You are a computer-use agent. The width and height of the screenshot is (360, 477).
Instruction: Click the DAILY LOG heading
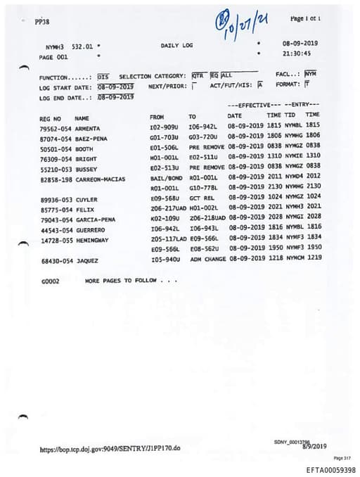176,46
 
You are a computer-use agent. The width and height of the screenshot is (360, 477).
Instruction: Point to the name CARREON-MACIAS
100,179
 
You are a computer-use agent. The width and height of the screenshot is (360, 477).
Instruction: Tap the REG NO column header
51,118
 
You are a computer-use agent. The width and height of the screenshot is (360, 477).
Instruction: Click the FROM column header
157,116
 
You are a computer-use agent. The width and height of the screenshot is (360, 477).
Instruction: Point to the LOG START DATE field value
116,86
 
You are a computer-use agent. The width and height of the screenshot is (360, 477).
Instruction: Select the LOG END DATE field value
116,96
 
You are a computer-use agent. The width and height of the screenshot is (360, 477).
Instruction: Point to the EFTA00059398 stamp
330,469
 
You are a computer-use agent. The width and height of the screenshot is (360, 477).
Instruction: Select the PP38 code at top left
42,22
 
